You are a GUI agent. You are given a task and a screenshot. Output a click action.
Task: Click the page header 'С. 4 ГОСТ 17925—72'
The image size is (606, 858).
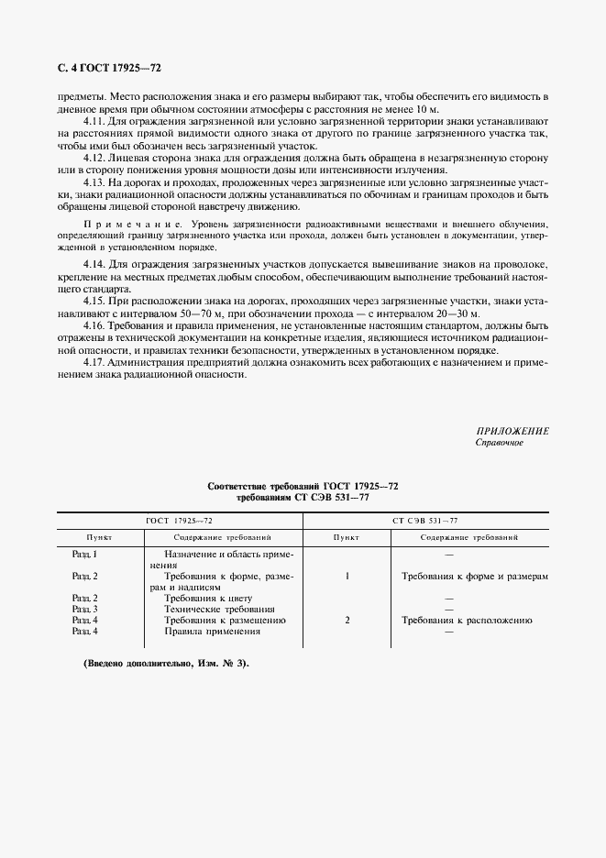(109, 68)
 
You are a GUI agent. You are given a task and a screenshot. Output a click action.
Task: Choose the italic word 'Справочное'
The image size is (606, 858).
(499, 443)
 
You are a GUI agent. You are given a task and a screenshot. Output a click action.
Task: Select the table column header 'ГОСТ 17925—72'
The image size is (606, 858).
(179, 520)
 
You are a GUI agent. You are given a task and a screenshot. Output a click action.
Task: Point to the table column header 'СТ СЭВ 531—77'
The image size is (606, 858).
(425, 520)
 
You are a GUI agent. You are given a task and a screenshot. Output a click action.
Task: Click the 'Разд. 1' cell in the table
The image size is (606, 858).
(84, 555)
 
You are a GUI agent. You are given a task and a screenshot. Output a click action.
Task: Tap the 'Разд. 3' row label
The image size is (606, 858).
(84, 609)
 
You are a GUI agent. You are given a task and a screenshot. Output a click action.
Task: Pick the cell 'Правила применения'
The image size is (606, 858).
(213, 631)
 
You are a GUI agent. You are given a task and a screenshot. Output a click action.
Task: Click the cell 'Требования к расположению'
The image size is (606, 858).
(467, 620)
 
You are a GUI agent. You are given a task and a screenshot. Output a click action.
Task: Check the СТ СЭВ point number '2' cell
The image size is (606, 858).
(347, 620)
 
